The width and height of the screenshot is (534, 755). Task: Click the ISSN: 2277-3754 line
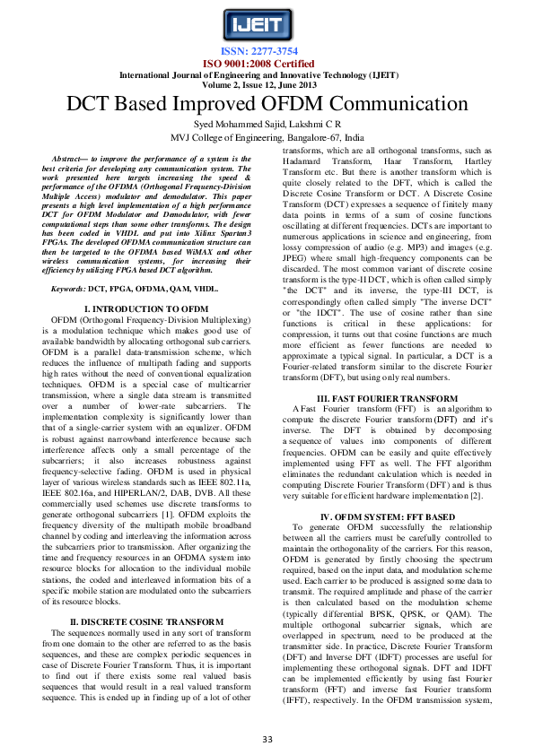267,52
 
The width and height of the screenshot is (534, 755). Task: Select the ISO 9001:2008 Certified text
267,64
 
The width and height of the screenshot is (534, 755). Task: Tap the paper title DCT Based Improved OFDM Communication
267,101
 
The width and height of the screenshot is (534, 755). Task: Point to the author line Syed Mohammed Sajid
229,123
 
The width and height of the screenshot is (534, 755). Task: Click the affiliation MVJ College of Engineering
267,137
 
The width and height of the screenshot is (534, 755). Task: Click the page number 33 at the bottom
267,739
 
